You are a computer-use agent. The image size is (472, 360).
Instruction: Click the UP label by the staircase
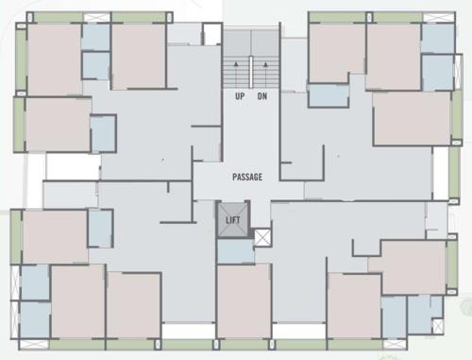click(239, 95)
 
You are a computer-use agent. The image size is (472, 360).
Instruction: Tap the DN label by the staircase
click(263, 95)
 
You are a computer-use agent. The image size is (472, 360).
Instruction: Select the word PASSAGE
click(247, 177)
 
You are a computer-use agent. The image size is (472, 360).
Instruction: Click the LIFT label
click(233, 220)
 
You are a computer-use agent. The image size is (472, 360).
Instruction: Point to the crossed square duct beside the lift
click(262, 236)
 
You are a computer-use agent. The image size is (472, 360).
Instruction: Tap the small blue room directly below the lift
click(234, 250)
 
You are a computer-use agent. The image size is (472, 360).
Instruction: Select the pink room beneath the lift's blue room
click(244, 300)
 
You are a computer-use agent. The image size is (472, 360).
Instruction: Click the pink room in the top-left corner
click(54, 59)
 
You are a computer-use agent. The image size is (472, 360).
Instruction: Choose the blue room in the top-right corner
click(437, 38)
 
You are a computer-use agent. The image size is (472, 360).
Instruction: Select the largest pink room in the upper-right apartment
click(411, 117)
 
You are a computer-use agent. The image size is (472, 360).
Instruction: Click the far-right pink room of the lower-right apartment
click(413, 266)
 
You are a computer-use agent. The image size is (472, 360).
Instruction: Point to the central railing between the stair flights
click(251, 71)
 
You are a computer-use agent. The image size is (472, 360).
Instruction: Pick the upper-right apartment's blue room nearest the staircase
click(329, 94)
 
